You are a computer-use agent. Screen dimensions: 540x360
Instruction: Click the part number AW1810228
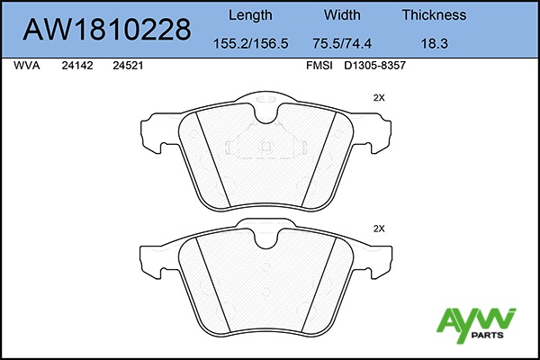click(107, 30)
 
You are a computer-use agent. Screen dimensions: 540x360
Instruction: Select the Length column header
click(250, 15)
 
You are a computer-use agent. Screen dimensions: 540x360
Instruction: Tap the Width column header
click(342, 15)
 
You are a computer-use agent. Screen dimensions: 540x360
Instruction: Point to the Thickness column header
click(434, 15)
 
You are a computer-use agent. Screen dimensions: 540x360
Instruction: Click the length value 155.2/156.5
click(251, 44)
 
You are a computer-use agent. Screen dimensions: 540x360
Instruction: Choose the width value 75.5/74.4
click(342, 44)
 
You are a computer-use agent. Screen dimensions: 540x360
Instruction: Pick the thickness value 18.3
click(435, 44)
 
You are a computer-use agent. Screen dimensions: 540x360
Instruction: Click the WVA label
click(27, 66)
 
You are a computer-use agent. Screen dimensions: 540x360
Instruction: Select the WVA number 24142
click(77, 66)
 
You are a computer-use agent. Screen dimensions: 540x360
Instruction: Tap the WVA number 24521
click(128, 66)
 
